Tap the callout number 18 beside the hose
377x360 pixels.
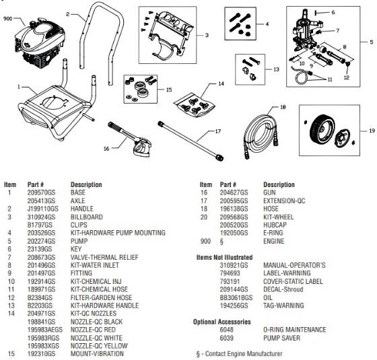[283, 106]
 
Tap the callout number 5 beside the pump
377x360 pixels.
[370, 42]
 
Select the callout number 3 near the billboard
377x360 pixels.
[206, 34]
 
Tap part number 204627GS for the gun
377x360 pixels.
[233, 192]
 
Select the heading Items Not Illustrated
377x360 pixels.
[224, 257]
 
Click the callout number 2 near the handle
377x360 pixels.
[67, 13]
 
